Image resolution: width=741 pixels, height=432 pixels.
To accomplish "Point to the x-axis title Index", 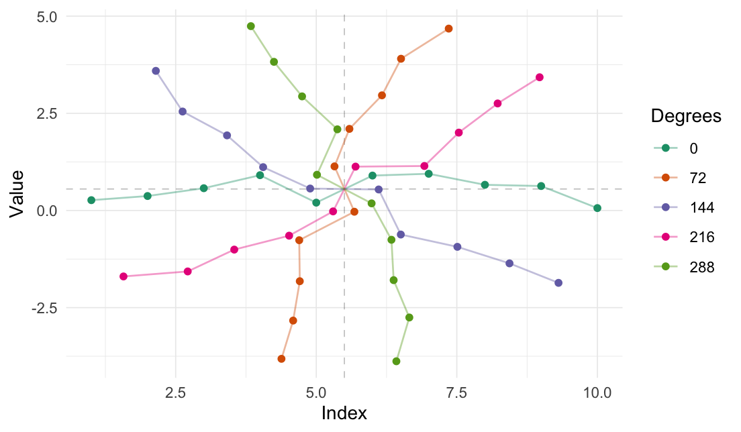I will (x=344, y=413).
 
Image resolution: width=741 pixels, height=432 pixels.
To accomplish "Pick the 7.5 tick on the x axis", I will (x=456, y=392).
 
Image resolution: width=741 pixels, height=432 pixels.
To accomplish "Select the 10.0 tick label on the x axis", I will (x=597, y=392).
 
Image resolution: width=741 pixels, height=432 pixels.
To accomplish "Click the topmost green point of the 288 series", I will (x=251, y=26).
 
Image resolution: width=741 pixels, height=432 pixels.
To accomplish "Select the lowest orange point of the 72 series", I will (x=281, y=359).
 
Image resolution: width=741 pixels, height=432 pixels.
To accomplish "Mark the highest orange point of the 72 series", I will (x=448, y=28).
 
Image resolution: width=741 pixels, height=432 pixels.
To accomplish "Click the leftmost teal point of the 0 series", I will (x=91, y=200).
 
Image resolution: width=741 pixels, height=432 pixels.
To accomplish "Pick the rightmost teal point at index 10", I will (x=597, y=208).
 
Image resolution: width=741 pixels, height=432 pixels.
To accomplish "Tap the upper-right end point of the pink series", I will (x=540, y=77).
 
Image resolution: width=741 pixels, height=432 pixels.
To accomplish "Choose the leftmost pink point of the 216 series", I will (x=123, y=276).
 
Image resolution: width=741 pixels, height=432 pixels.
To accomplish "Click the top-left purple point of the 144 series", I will (x=156, y=70).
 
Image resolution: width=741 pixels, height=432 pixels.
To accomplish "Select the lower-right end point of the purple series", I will (x=558, y=283).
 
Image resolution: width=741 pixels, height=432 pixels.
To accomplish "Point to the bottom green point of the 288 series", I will (x=396, y=362).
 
